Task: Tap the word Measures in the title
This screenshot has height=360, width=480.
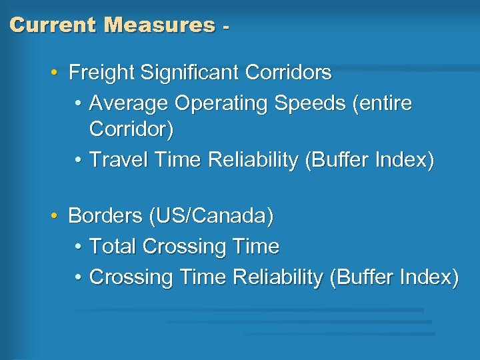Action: coord(160,25)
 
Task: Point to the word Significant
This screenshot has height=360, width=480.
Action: coord(189,72)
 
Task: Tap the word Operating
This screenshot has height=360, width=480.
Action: coord(221,104)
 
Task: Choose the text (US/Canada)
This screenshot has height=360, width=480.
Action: coord(211,217)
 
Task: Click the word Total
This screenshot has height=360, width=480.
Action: coord(113,247)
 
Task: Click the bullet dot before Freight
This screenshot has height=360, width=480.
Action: coord(53,72)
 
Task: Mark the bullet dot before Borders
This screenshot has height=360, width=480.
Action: coord(53,216)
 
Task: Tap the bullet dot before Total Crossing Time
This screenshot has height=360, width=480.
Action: coord(78,247)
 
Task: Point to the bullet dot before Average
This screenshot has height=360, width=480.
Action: coord(78,103)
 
